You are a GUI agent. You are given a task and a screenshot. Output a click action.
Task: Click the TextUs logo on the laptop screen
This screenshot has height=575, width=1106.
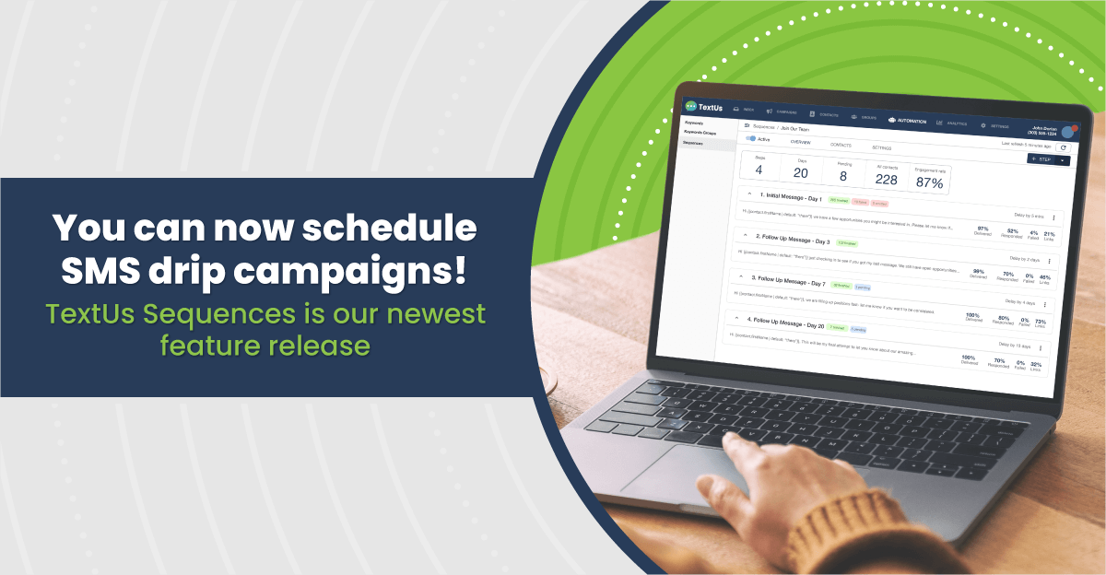point(705,107)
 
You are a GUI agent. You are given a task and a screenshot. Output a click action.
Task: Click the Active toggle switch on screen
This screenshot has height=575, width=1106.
point(751,139)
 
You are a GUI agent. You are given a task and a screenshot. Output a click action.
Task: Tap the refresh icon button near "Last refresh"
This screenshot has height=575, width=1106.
point(1063,147)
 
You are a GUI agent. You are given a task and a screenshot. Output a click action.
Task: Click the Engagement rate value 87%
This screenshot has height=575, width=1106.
point(929,183)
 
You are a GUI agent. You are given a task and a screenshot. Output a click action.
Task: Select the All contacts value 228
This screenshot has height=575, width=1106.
point(886,180)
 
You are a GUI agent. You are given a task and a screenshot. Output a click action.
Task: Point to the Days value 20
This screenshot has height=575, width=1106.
point(801,173)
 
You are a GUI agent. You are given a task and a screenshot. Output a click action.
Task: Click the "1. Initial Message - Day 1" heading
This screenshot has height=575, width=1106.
point(790,196)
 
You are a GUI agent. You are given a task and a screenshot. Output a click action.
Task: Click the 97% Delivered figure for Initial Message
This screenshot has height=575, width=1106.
point(982,229)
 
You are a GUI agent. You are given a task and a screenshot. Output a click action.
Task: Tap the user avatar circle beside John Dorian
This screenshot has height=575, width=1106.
point(1068,132)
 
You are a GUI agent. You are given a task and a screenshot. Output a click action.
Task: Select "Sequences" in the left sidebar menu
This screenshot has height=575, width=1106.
point(694,143)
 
